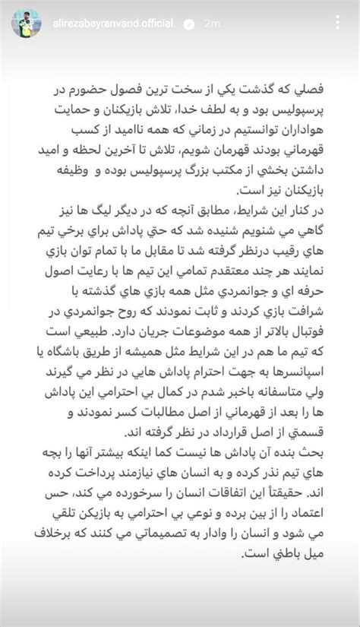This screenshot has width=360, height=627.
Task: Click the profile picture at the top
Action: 27,24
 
